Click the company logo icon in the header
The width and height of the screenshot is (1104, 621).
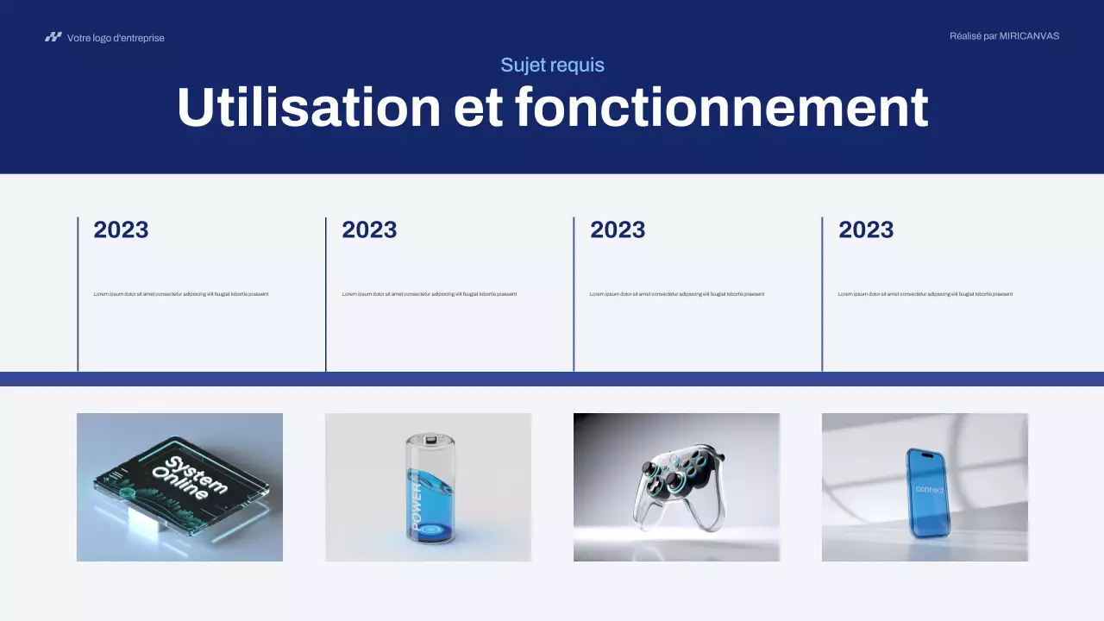(x=53, y=37)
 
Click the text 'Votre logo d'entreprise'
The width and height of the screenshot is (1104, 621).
(x=116, y=38)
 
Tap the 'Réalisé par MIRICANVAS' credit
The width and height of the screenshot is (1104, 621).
(x=1004, y=36)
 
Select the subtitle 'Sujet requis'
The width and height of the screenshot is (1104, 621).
(x=552, y=65)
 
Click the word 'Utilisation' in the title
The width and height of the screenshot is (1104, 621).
(x=309, y=108)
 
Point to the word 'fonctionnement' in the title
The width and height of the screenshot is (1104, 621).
(x=721, y=108)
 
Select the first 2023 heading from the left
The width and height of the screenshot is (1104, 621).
(x=121, y=229)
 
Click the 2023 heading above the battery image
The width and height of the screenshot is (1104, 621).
(x=369, y=229)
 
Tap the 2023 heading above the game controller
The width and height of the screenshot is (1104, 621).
(x=618, y=229)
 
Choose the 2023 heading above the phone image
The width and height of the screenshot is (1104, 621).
(x=866, y=229)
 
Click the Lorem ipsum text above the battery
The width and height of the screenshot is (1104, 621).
(x=430, y=294)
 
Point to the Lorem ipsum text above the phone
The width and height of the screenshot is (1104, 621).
(x=925, y=294)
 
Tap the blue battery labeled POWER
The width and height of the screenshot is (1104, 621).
(x=428, y=496)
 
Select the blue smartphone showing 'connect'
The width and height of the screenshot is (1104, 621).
(x=926, y=492)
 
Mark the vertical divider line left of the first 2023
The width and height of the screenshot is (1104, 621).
(x=78, y=293)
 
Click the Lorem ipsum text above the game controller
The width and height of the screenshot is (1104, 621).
(x=677, y=294)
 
